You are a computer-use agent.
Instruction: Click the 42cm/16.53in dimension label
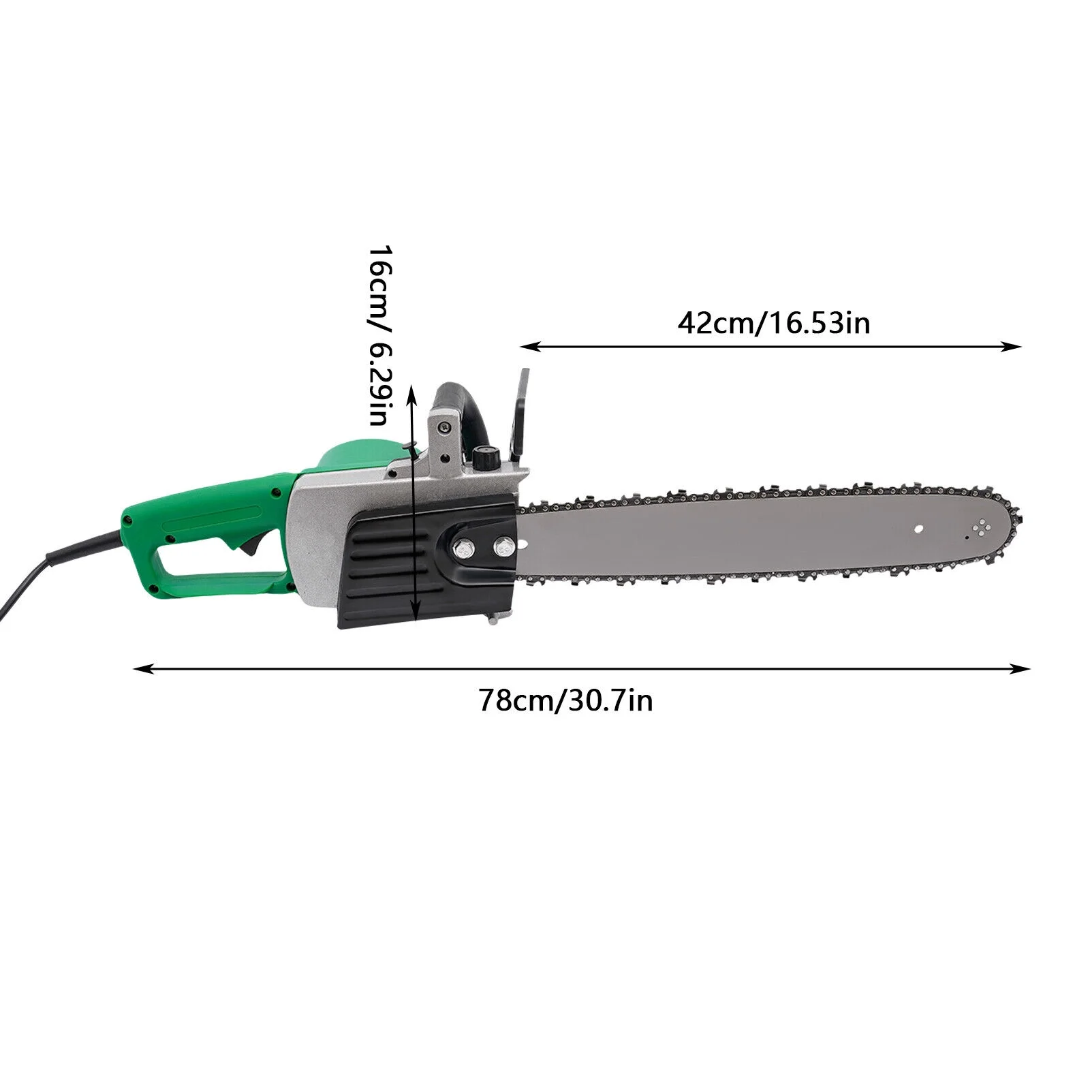[773, 322]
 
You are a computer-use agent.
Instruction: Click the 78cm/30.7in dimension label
[565, 700]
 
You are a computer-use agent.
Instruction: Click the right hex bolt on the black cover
[504, 545]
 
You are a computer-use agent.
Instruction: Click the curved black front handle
[470, 409]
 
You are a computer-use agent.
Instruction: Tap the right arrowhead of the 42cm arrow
[1018, 347]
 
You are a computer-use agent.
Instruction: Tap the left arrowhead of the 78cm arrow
[138, 670]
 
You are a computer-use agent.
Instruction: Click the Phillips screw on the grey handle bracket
[445, 426]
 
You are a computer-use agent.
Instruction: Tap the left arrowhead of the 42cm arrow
[525, 347]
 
